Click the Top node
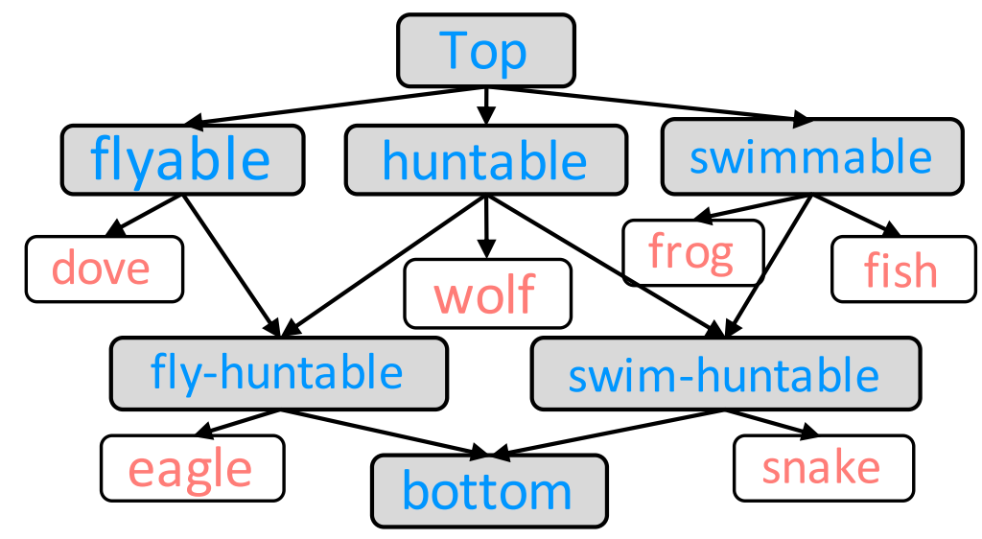(x=486, y=49)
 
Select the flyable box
(x=182, y=158)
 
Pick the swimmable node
(x=811, y=156)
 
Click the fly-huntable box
(x=278, y=373)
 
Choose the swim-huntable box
(x=725, y=373)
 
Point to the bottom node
(x=489, y=490)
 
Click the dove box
(x=104, y=269)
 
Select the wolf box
(x=487, y=293)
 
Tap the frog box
(x=692, y=252)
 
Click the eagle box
(x=192, y=468)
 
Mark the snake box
(x=822, y=468)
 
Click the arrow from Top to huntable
(x=486, y=105)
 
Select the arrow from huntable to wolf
(x=487, y=226)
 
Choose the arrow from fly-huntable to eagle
(x=238, y=422)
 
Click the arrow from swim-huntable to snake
(x=764, y=424)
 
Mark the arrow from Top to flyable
(x=336, y=106)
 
